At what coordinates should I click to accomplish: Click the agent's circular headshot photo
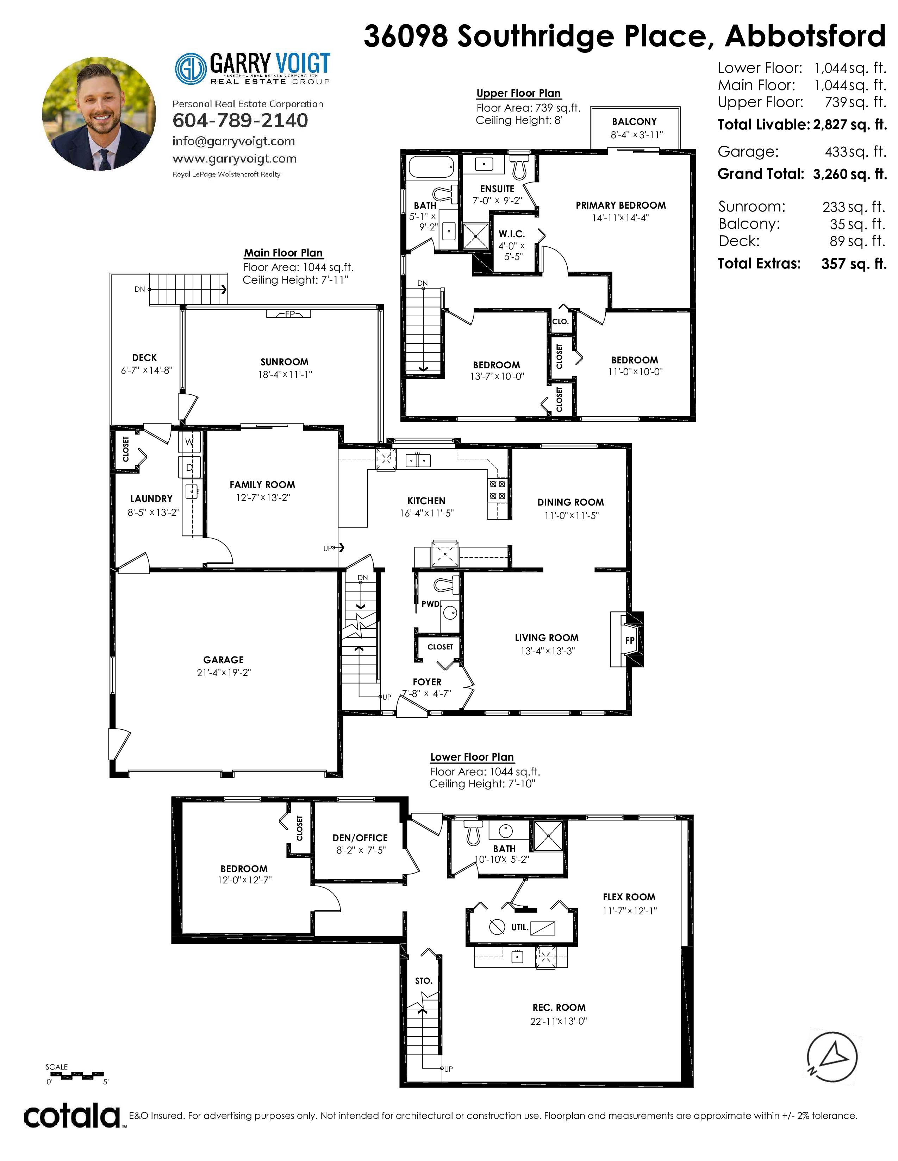click(99, 114)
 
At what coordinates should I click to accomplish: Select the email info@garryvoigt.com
click(233, 141)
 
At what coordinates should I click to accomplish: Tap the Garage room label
click(223, 660)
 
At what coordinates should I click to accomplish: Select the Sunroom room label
click(285, 362)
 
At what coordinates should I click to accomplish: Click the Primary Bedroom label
click(621, 205)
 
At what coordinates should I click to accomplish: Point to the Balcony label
click(634, 122)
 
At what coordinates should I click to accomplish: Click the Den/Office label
click(360, 838)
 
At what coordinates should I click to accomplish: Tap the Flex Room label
click(629, 897)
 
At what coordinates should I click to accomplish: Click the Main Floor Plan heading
click(283, 253)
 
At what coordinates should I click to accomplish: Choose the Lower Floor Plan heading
click(472, 757)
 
